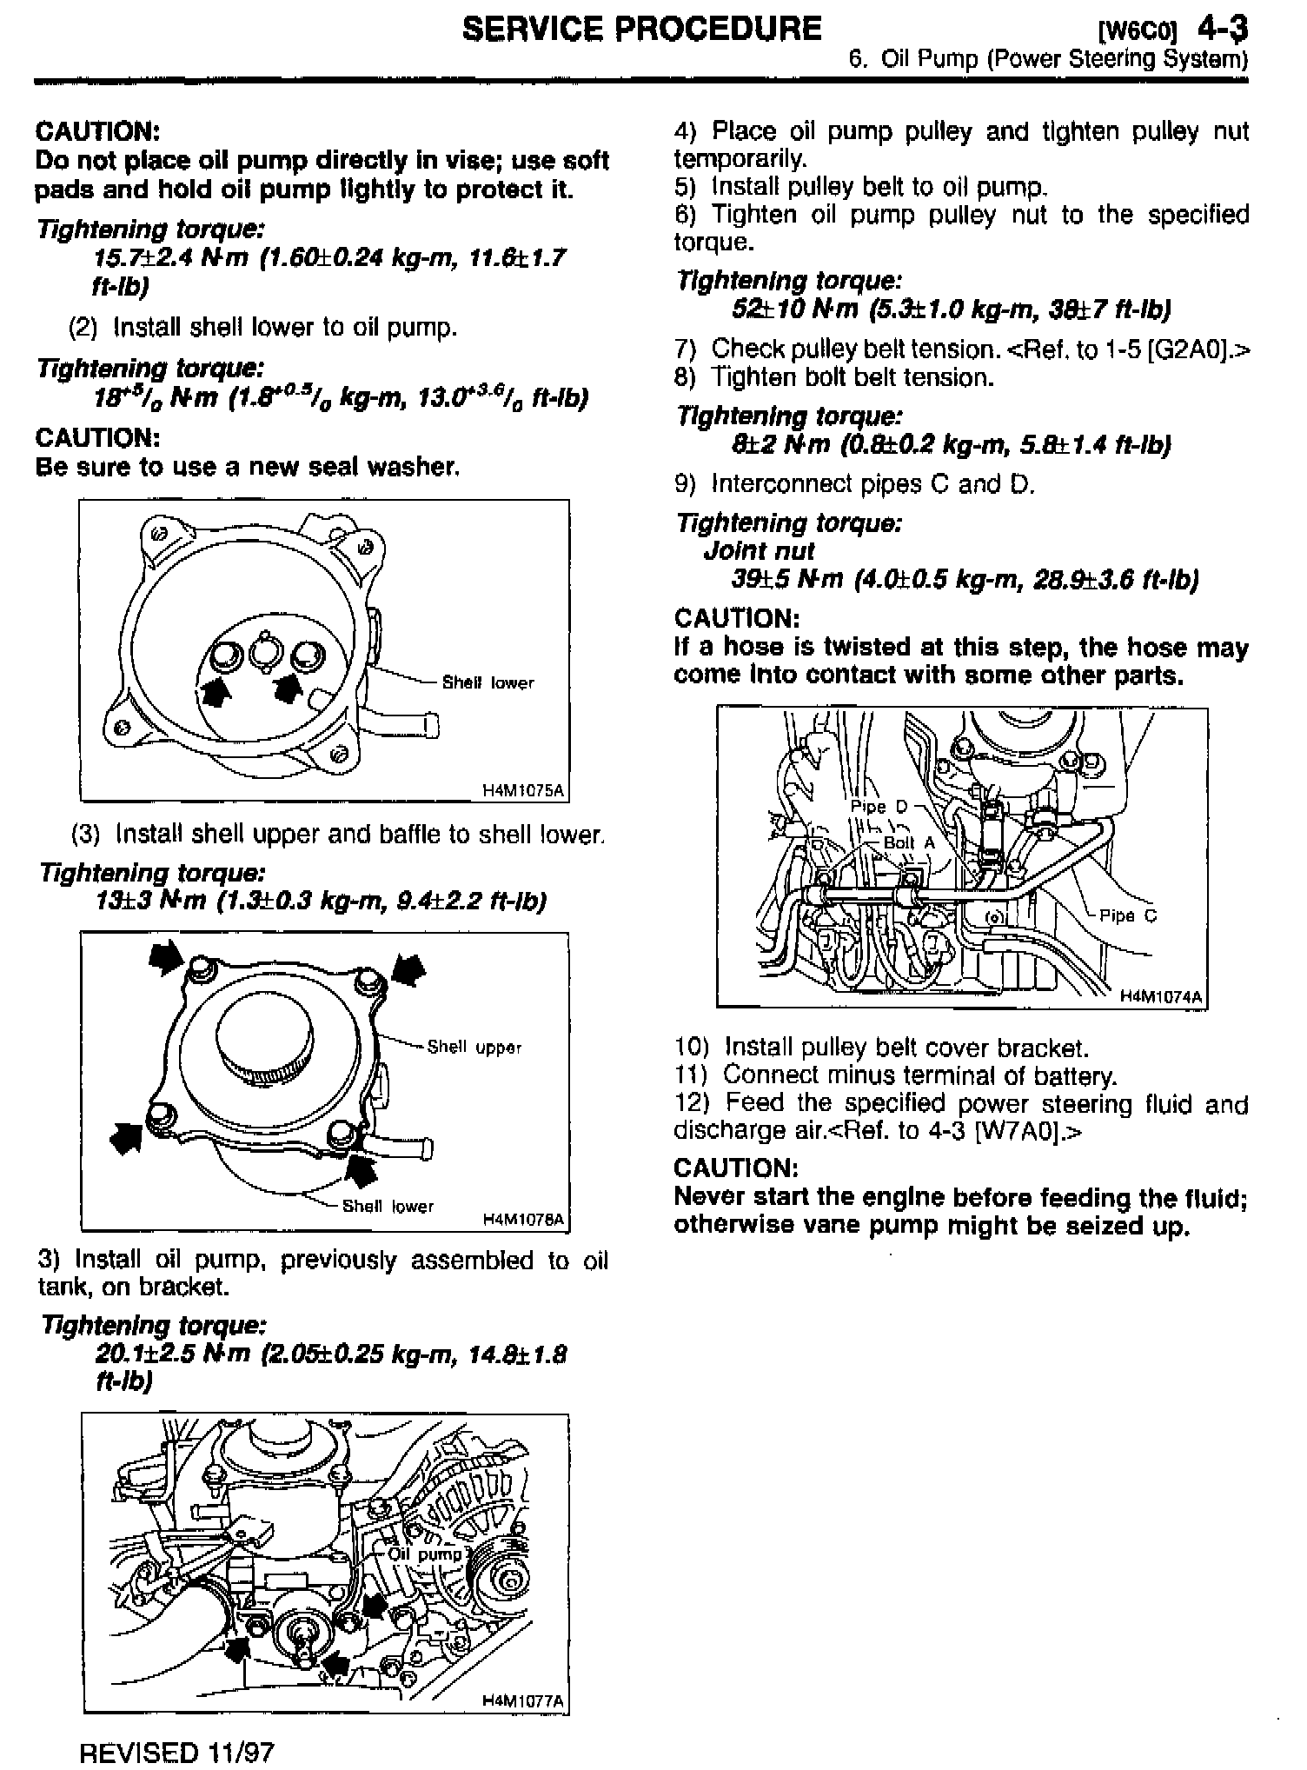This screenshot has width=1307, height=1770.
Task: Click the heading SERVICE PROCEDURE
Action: [642, 29]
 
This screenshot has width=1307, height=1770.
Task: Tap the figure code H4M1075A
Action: [523, 790]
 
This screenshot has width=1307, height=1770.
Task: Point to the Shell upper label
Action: [474, 1048]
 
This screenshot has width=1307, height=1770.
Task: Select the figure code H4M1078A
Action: [523, 1220]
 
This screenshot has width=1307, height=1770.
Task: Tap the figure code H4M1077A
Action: [523, 1700]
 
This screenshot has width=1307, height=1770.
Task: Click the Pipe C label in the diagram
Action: [1128, 915]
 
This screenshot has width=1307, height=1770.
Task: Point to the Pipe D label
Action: [878, 807]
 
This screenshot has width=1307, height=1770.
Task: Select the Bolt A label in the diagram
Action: [909, 842]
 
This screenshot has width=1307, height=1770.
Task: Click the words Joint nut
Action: [759, 551]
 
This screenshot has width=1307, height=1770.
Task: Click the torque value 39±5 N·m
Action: [787, 579]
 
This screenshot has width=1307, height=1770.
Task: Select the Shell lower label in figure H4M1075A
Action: [488, 683]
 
